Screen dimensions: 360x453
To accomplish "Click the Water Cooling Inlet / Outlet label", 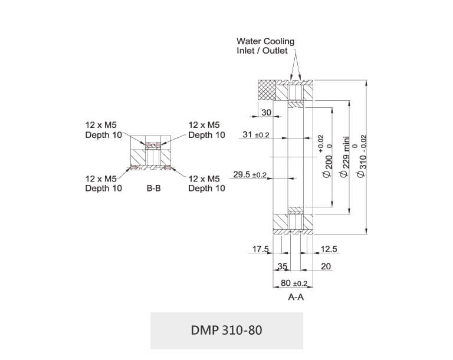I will (x=265, y=46).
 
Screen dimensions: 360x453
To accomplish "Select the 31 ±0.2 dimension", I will (x=255, y=135).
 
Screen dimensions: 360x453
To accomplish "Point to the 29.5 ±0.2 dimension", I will (x=250, y=175).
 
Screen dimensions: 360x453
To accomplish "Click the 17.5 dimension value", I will (x=261, y=249).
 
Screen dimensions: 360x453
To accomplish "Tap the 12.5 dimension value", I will (x=329, y=249).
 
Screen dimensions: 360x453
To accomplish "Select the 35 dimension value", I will (x=283, y=266).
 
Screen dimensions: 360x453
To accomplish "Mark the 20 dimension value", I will (x=326, y=266).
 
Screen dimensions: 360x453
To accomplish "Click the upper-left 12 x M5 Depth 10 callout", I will (x=104, y=130).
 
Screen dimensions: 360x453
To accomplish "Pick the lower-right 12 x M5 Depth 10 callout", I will (x=206, y=184).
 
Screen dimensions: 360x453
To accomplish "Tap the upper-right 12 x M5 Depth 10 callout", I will (x=206, y=130).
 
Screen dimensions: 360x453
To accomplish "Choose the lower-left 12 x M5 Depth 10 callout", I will (x=104, y=184).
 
